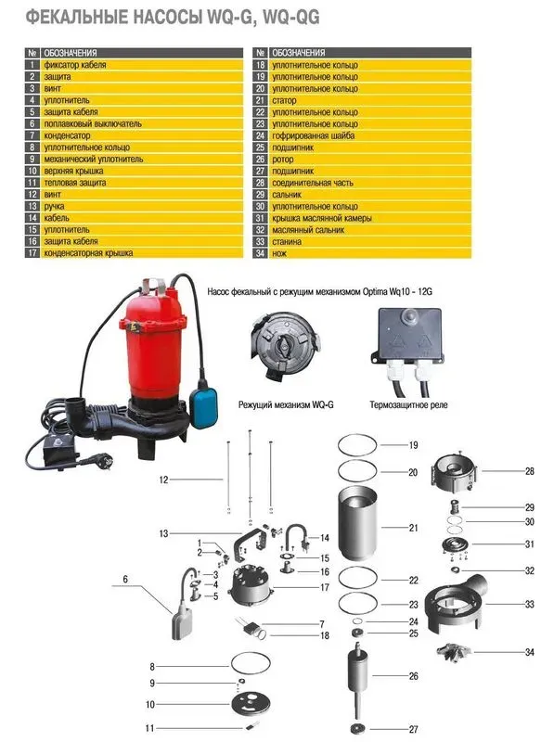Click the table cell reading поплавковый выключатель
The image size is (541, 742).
[x=93, y=124]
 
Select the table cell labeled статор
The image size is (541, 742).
[x=284, y=100]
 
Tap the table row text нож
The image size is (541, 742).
[x=279, y=253]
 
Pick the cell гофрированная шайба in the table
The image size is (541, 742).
[x=314, y=135]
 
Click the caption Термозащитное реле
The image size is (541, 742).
[x=408, y=405]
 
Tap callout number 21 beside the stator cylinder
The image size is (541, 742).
[x=413, y=528]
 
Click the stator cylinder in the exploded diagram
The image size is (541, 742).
[x=358, y=524]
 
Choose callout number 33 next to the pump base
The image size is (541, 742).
[x=530, y=605]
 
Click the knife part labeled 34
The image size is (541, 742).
[x=454, y=652]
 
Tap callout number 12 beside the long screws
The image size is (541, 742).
[x=163, y=480]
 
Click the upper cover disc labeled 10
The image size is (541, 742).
[x=251, y=704]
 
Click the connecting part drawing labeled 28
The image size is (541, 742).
[x=455, y=472]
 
